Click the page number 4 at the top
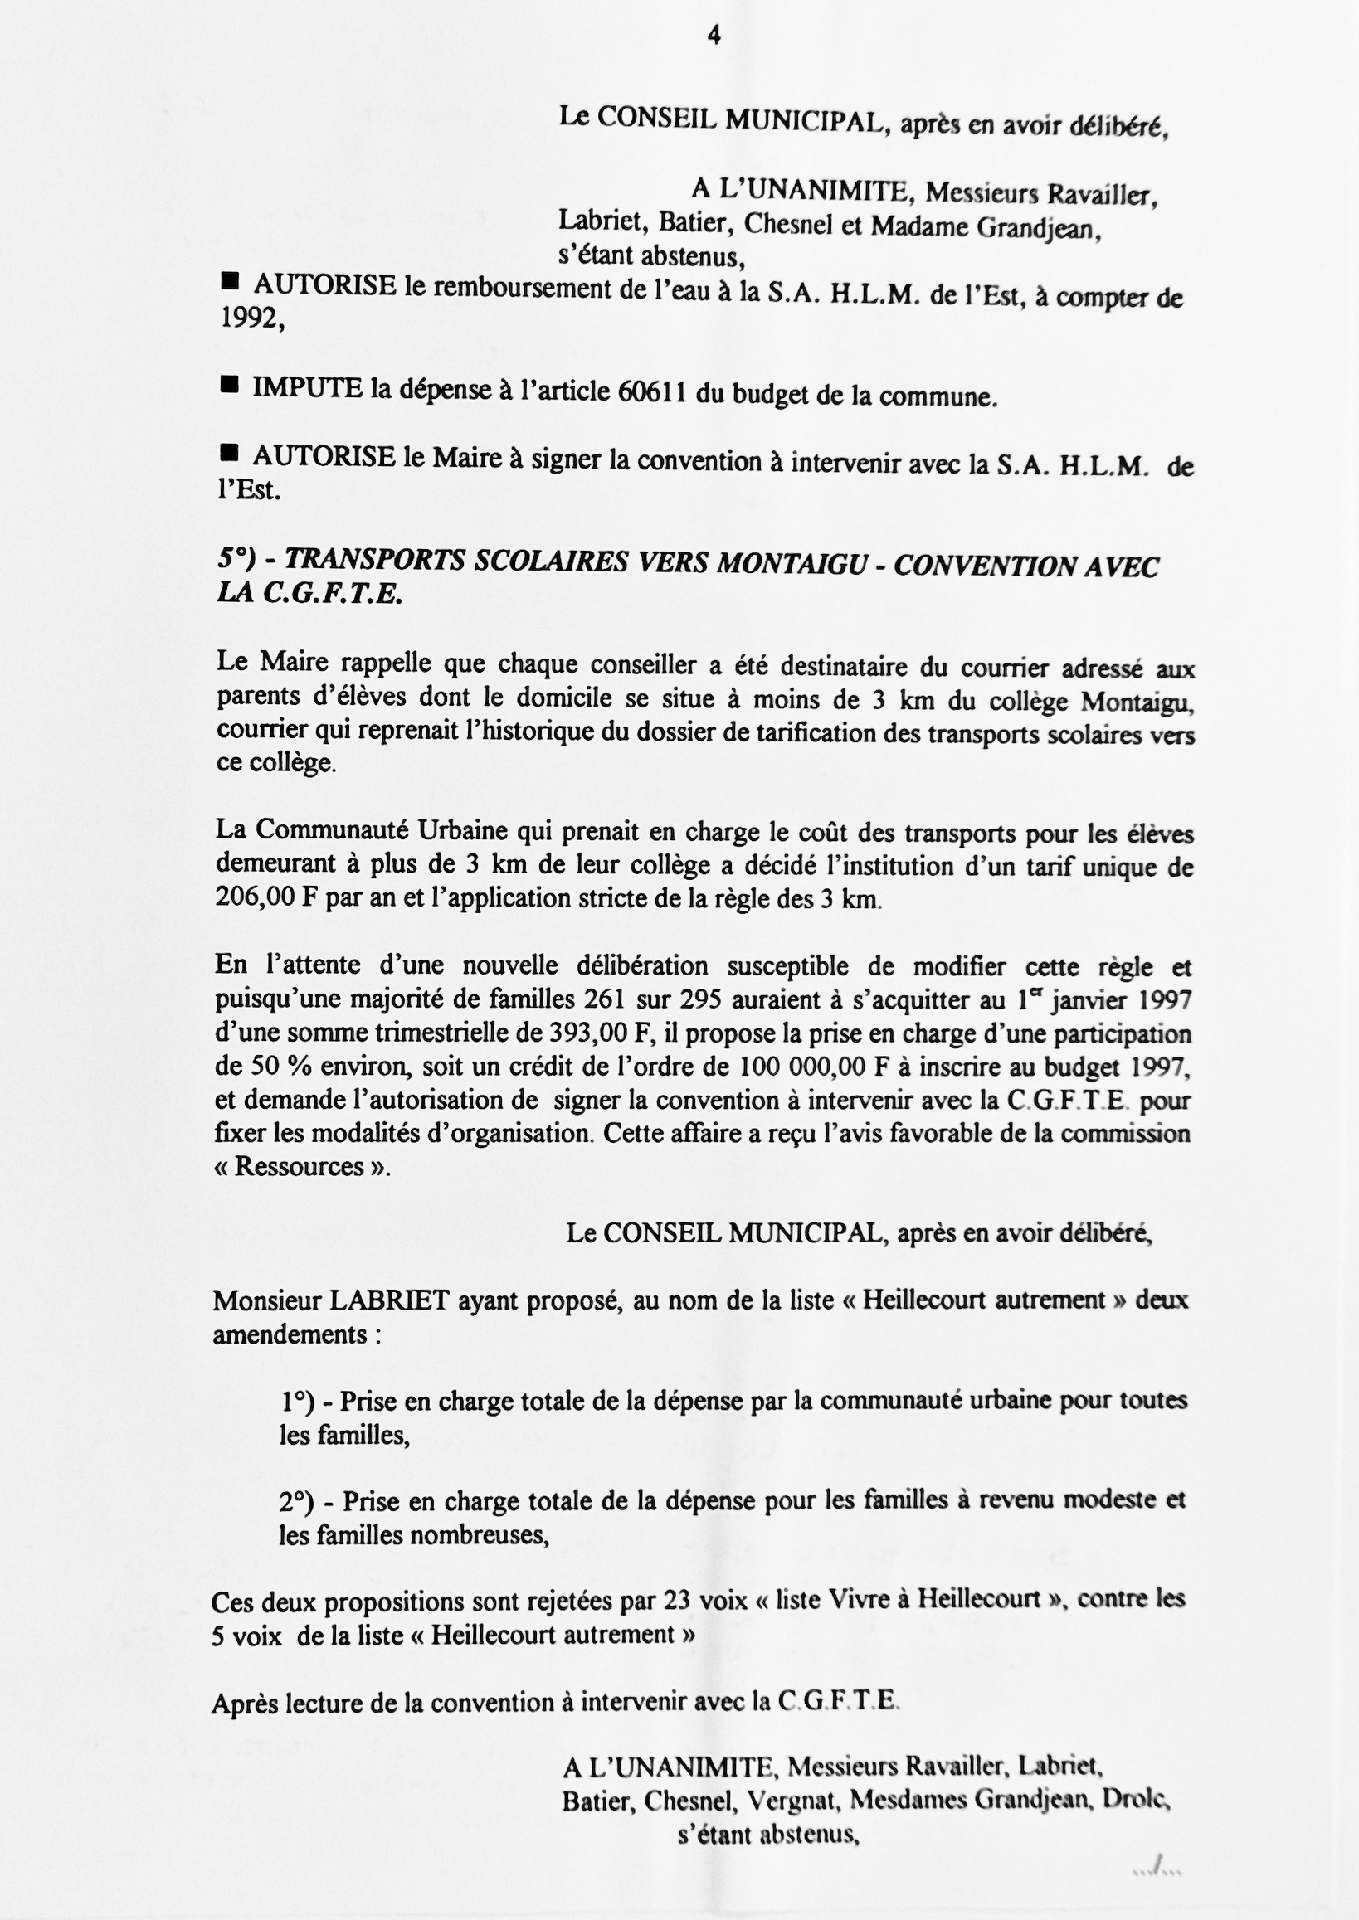coord(714,35)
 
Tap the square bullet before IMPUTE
coord(228,385)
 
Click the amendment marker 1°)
coord(297,1401)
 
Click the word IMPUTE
coord(307,387)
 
